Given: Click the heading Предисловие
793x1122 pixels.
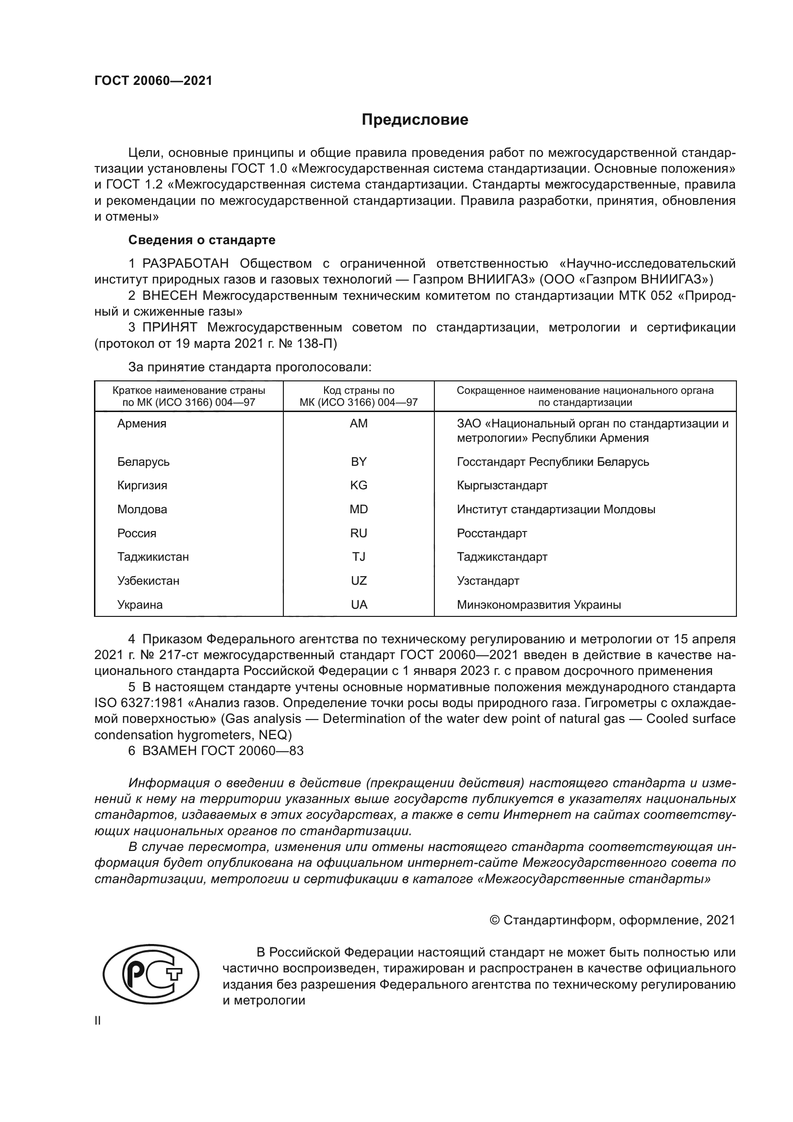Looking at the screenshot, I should pos(415,120).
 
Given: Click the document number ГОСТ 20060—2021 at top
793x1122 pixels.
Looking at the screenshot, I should pos(153,81).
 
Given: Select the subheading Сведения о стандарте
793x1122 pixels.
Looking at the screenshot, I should pos(202,240).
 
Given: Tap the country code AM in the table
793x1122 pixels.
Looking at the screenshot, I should pos(359,424).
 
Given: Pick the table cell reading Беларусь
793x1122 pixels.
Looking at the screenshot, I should pos(143,462).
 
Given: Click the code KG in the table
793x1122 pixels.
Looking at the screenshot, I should pos(359,485).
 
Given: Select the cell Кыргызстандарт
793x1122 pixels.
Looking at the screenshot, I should pos(502,485).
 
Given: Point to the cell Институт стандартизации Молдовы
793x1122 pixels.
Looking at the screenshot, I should pos(556,509).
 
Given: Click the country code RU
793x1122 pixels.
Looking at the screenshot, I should pos(359,533).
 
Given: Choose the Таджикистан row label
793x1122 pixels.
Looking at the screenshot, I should pos(153,557).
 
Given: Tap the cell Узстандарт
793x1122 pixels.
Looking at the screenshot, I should pos(488,581).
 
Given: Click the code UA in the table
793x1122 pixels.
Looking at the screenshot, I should pos(359,605).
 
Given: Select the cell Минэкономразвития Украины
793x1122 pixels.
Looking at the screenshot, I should pos(538,605).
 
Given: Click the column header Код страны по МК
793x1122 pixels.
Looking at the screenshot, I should pos(359,396).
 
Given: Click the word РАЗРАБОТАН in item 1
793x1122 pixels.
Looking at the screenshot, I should pos(186,264).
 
